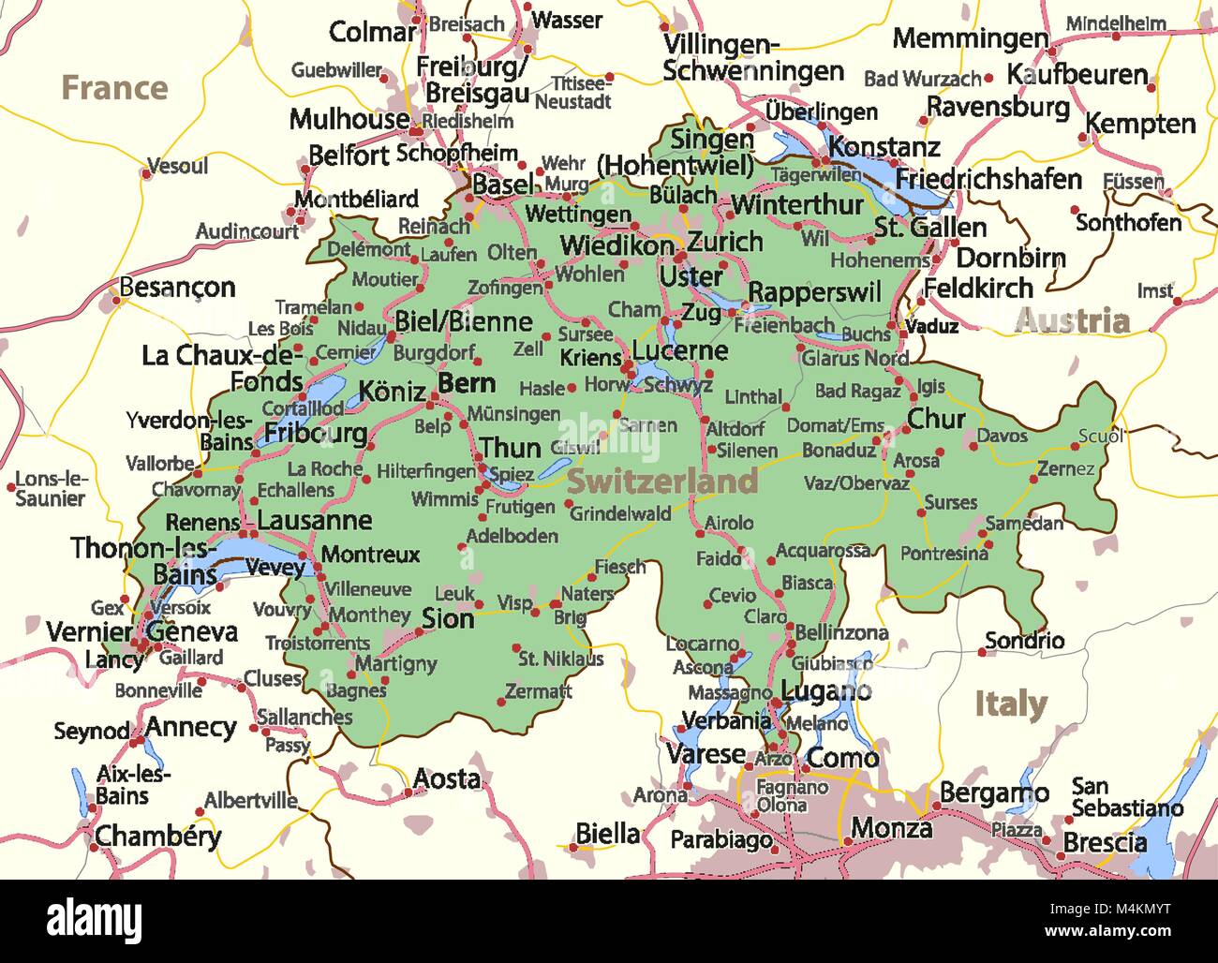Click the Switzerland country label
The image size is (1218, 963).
661,481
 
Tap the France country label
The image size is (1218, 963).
114,88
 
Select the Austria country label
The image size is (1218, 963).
1072,321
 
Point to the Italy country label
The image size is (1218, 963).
1010,704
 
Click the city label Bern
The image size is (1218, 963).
467,383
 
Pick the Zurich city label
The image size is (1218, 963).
725,242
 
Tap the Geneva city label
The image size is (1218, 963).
192,631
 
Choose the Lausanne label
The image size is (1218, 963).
314,521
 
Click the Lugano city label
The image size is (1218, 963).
826,692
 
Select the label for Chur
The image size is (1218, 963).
936,419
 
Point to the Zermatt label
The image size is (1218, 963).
538,692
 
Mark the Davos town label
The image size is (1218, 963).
1002,436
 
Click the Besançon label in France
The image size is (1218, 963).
177,288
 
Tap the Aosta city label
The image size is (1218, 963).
447,778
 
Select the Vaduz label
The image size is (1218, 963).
932,327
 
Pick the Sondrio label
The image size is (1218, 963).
1024,641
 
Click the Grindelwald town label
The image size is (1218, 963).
620,513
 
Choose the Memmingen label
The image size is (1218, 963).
970,39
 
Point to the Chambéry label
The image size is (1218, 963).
158,836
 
